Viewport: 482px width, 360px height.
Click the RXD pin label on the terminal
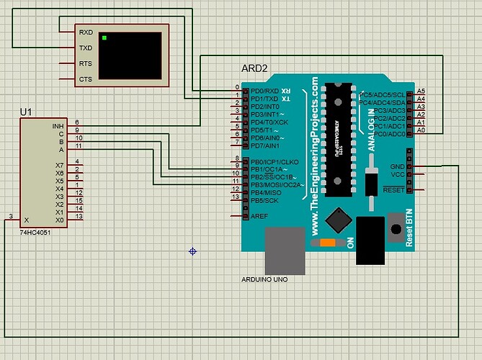[85, 32]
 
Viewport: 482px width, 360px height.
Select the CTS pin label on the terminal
[85, 79]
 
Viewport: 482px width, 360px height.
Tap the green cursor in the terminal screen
[104, 37]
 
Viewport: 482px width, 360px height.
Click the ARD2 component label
[254, 70]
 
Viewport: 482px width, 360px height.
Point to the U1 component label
[27, 112]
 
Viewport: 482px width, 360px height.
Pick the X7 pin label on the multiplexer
[60, 166]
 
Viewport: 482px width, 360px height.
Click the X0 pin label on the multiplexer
[60, 220]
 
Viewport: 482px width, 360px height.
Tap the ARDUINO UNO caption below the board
[264, 279]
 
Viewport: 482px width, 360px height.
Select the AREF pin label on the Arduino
[259, 216]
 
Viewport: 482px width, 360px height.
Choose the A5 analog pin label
[421, 91]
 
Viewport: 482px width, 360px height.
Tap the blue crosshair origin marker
[193, 251]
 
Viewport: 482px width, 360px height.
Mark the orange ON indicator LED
[328, 243]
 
